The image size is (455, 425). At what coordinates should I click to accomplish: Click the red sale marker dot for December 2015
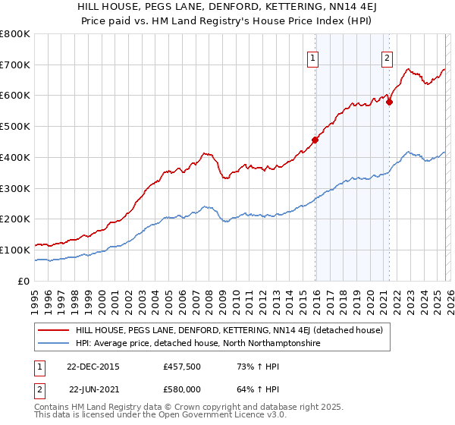[x=315, y=140]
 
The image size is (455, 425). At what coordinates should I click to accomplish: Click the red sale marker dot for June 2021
[x=389, y=102]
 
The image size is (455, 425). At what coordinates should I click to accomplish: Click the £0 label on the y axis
[x=24, y=281]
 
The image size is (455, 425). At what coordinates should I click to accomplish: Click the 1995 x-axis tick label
[x=35, y=296]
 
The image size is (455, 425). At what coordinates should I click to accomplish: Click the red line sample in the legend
[x=52, y=331]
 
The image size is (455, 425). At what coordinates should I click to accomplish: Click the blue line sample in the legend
[x=52, y=344]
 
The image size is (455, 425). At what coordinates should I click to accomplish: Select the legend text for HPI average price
[x=198, y=344]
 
